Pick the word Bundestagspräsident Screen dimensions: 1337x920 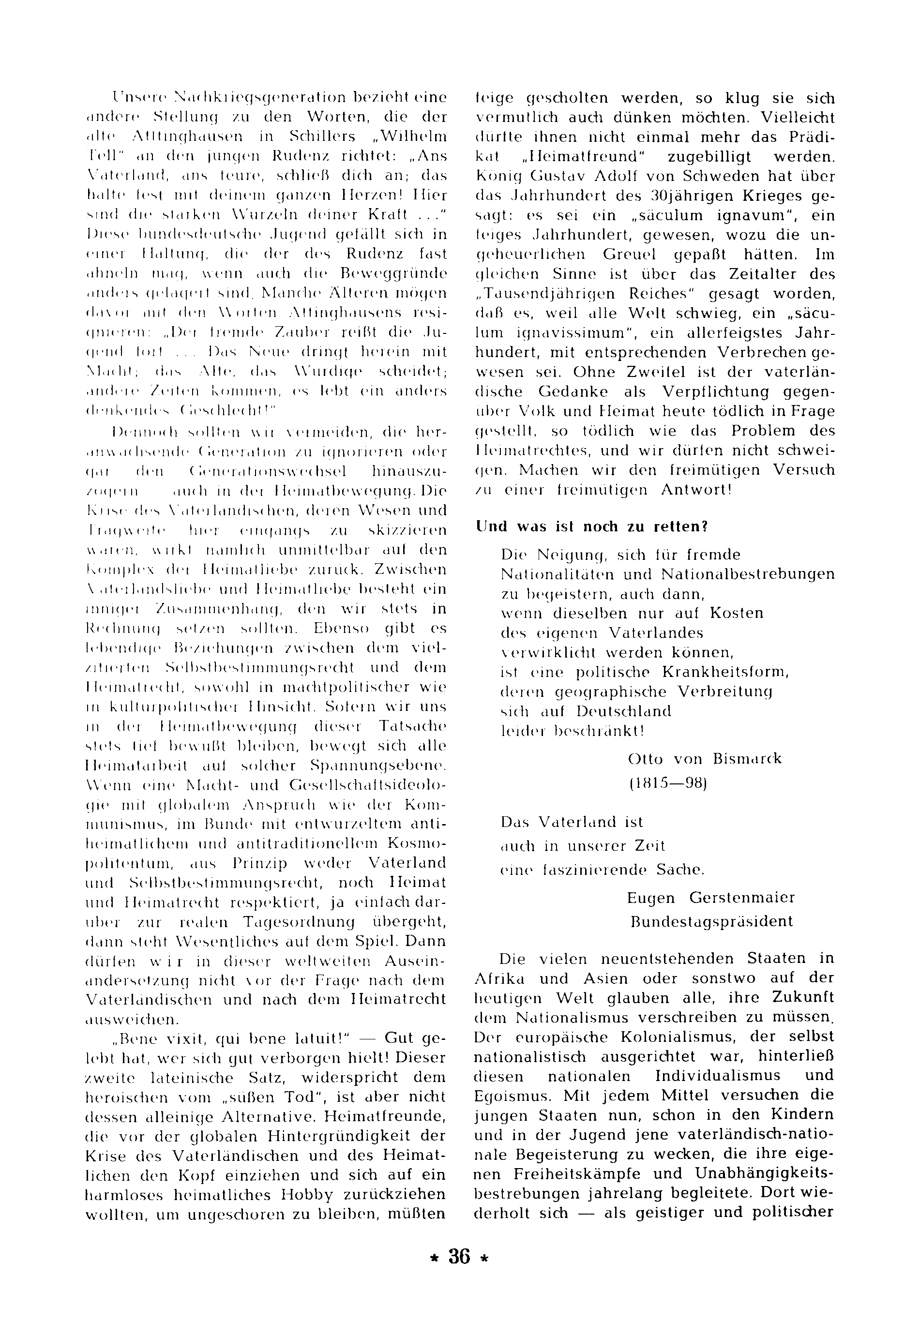pos(712,921)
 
